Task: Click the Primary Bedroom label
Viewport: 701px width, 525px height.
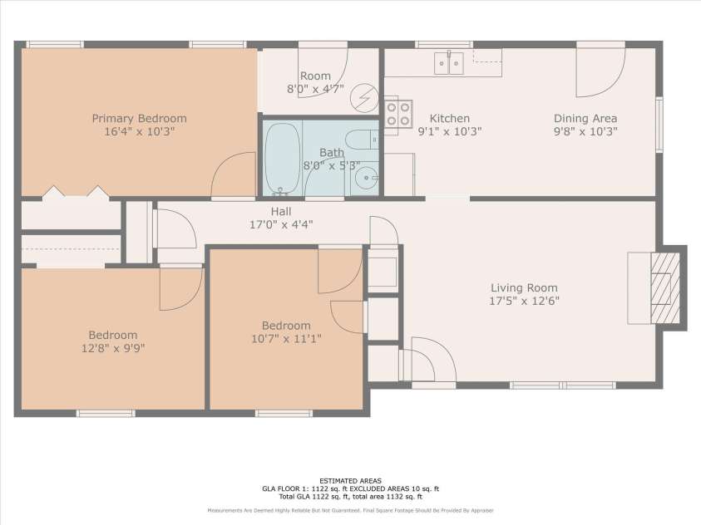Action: point(139,119)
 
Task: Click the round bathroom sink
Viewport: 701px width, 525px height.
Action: point(365,177)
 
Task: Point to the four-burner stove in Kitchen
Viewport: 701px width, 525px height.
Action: point(398,113)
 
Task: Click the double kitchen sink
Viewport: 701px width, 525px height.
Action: point(448,63)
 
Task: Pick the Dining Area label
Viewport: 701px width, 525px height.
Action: point(585,119)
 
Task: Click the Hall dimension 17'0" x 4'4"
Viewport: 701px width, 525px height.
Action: point(281,224)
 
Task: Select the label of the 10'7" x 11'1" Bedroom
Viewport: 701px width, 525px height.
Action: point(286,326)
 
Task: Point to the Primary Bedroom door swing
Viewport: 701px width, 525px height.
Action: point(235,176)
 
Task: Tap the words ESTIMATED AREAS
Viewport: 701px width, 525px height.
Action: point(349,480)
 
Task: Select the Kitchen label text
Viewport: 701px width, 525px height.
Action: point(449,119)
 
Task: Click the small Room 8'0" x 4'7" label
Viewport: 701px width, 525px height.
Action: point(315,76)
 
